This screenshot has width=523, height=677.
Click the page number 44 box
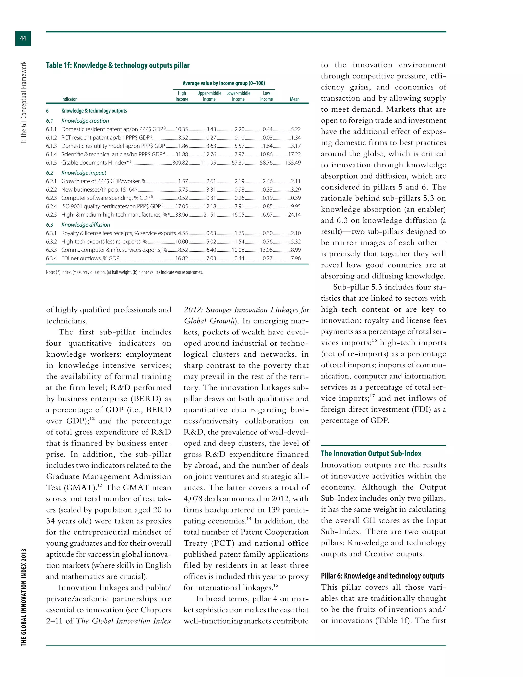pyautogui.click(x=23, y=38)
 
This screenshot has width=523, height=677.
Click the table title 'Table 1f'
pyautogui.click(x=118, y=65)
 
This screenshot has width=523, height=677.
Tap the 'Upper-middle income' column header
pyautogui.click(x=209, y=96)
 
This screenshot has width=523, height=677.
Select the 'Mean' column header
pyautogui.click(x=294, y=99)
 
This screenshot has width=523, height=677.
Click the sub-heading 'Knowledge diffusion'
pyautogui.click(x=86, y=225)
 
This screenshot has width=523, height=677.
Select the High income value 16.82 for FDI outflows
pyautogui.click(x=182, y=258)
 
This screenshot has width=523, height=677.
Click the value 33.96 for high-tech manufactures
pyautogui.click(x=182, y=215)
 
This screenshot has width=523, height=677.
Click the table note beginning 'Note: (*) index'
pyautogui.click(x=124, y=272)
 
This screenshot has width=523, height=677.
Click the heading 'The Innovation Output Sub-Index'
pyautogui.click(x=371, y=453)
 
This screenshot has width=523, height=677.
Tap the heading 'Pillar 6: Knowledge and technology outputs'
pyautogui.click(x=382, y=576)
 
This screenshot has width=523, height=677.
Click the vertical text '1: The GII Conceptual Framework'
pyautogui.click(x=24, y=102)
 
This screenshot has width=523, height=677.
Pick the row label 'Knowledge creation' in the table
pyautogui.click(x=85, y=121)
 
